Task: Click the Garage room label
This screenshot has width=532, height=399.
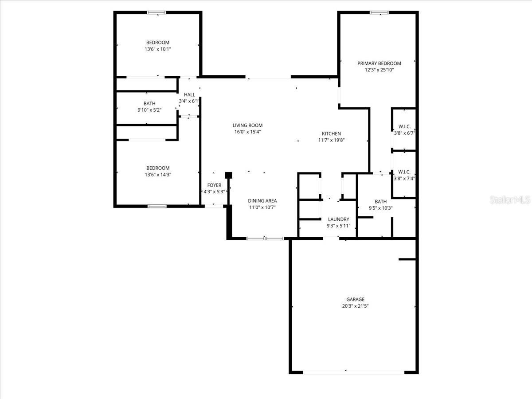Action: pos(355,299)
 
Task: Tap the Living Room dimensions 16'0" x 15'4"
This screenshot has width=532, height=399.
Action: pos(247,132)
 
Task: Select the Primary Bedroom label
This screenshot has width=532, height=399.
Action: pos(379,63)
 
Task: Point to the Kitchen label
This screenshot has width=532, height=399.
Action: pos(331,133)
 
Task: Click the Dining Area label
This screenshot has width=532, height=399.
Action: pos(262,201)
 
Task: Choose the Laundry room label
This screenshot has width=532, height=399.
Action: pos(339,219)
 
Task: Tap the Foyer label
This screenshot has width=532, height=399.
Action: pos(214,185)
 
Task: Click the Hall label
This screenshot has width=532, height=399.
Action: pos(190,95)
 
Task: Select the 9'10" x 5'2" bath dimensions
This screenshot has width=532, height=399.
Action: pos(149,110)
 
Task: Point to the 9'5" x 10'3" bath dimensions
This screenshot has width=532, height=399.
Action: pos(381,208)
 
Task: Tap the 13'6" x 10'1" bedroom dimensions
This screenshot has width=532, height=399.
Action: pos(158,49)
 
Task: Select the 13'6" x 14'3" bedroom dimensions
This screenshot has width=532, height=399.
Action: pos(158,175)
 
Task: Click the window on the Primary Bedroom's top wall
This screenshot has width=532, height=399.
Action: pos(379,12)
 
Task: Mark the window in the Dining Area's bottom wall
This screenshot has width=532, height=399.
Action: pos(265,239)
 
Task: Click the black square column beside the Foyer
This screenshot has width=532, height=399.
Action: pos(229,175)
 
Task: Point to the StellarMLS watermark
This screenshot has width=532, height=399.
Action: pos(510,199)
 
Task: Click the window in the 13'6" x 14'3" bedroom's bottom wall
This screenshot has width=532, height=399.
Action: pos(157,206)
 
